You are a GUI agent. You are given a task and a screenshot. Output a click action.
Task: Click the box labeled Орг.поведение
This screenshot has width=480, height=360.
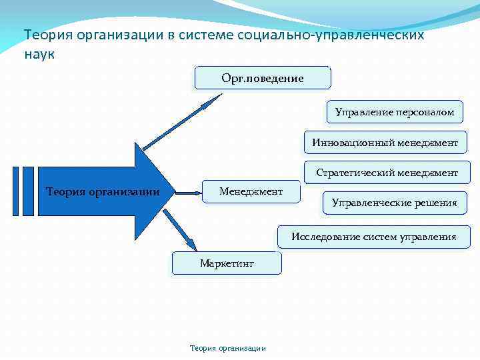263,78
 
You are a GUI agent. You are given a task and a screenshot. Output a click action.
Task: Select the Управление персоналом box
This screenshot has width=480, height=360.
395,112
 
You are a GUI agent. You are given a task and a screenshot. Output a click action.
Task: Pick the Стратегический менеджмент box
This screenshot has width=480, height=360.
387,172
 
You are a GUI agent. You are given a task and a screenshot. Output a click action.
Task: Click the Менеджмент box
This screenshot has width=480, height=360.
251,192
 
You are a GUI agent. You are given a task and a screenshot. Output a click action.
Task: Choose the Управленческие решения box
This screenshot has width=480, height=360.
395,203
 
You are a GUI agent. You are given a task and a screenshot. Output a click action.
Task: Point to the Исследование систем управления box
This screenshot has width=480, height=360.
373,237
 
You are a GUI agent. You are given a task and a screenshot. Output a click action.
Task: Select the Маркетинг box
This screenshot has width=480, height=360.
227,263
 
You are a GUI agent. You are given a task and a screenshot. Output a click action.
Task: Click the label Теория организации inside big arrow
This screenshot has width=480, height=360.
103,193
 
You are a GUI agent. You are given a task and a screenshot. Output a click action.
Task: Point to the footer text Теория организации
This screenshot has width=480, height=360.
228,348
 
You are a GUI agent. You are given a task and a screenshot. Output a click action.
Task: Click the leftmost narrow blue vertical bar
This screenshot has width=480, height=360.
16,191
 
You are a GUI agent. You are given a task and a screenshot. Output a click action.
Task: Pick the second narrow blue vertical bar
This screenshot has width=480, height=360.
28,191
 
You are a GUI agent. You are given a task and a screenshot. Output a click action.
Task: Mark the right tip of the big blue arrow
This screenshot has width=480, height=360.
174,192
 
